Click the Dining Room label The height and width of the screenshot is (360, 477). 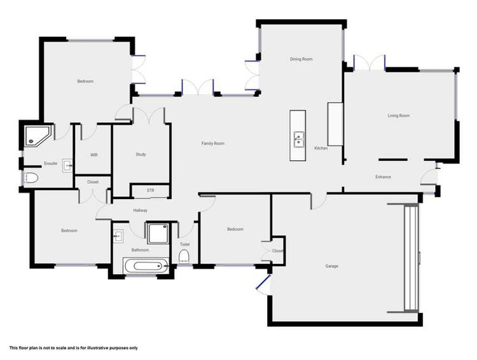(x=301, y=59)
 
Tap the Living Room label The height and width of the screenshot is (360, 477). (x=399, y=116)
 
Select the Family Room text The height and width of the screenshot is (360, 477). (x=213, y=144)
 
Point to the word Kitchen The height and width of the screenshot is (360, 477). (x=321, y=148)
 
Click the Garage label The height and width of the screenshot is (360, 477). (x=331, y=266)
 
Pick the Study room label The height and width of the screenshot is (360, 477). (x=141, y=155)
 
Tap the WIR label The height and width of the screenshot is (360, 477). (x=94, y=155)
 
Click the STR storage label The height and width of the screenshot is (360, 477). (x=150, y=190)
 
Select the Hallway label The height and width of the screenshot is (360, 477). (x=141, y=211)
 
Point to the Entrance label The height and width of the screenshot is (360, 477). (x=383, y=177)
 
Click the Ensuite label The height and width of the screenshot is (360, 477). (x=51, y=163)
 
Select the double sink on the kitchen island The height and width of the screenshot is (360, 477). (x=298, y=139)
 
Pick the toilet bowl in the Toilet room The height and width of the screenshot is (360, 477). (x=184, y=257)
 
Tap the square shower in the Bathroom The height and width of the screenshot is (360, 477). (x=155, y=233)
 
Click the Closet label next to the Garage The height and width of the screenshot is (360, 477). (x=277, y=251)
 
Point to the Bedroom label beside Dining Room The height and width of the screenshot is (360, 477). (x=85, y=81)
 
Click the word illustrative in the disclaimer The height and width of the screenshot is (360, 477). (x=88, y=348)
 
